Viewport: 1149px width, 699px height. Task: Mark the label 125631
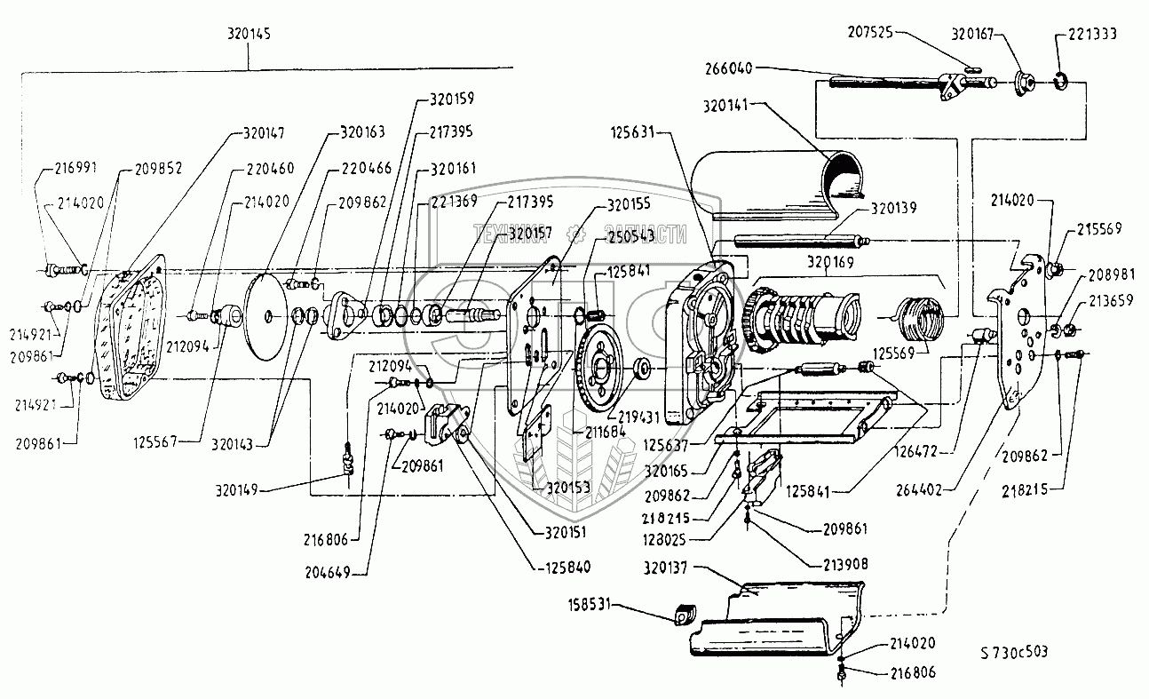(634, 134)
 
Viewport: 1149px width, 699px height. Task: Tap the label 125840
(568, 566)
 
